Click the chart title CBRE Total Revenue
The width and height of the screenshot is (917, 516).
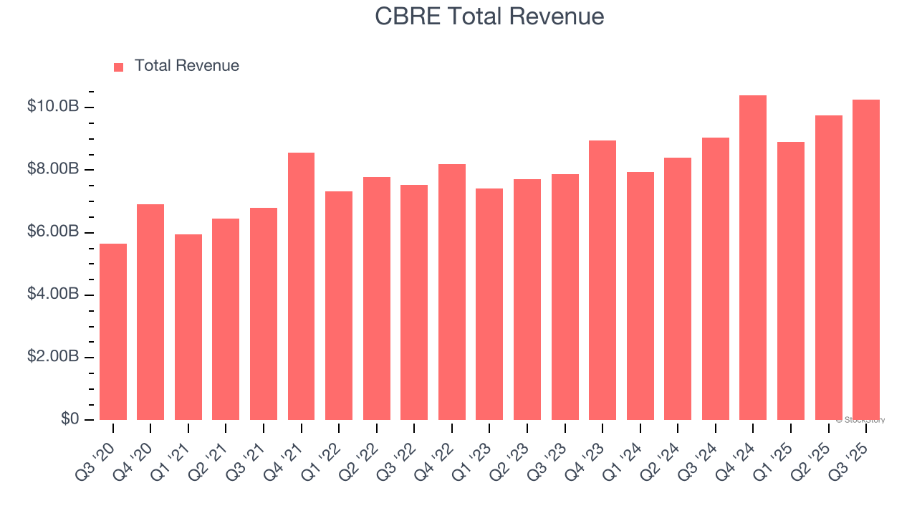[x=489, y=16]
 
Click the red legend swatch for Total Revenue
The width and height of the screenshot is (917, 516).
[x=119, y=67]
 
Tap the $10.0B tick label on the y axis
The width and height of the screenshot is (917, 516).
[x=53, y=107]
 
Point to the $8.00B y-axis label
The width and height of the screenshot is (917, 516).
[x=53, y=169]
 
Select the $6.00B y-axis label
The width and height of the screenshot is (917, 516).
[x=53, y=232]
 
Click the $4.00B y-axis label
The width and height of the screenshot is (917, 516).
[x=53, y=295]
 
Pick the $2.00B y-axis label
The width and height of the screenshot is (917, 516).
[x=53, y=357]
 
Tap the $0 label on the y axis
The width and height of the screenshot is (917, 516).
[x=69, y=419]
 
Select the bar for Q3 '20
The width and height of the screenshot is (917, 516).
[x=113, y=332]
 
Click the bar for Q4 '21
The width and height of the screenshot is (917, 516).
[x=301, y=287]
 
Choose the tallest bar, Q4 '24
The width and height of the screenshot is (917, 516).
[x=753, y=258]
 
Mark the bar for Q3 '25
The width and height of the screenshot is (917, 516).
[x=865, y=260]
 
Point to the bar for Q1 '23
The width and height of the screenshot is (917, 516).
[x=489, y=305]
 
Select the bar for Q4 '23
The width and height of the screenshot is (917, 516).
[x=602, y=280]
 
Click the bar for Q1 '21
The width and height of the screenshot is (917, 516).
[x=188, y=328]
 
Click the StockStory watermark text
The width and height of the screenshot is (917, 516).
[x=860, y=420]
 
